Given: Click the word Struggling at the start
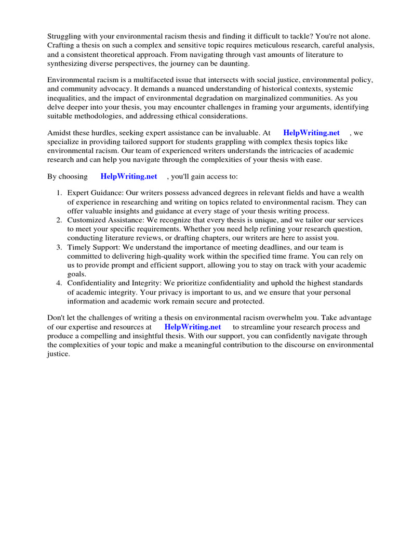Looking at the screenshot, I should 65,36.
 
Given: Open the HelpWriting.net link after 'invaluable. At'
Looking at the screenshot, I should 311,133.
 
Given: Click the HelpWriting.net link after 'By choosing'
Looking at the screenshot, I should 128,176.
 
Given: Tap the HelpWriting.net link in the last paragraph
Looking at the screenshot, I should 192,327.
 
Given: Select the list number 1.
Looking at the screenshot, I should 59,193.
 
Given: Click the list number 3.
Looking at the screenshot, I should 59,247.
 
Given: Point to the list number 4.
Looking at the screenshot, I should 59,283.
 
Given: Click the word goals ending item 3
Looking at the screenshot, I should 76,274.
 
